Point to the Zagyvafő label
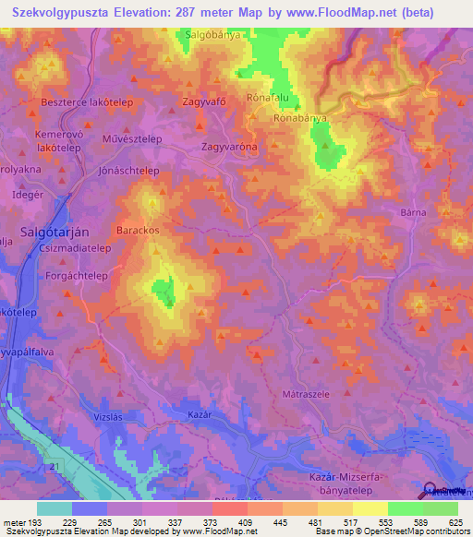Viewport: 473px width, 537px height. [206, 103]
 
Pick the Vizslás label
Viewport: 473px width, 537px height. [111, 416]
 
